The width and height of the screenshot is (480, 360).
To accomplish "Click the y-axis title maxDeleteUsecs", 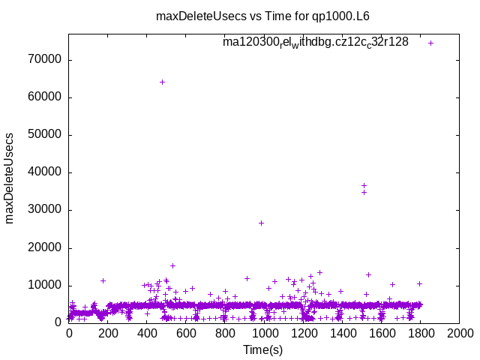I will point(10,178).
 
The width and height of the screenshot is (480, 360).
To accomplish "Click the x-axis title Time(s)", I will point(263,350).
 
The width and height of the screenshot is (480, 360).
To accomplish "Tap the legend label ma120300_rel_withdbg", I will point(316,43).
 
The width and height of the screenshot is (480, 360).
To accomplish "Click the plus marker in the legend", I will point(430,43).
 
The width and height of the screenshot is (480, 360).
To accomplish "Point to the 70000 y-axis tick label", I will point(45,60).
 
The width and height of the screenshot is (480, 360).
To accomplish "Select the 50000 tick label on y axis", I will point(45,135).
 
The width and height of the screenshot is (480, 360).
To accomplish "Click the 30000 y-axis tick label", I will point(45,210).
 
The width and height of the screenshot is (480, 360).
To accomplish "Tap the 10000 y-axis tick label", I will point(45,285).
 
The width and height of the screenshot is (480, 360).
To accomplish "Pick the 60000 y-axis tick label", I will point(45,97).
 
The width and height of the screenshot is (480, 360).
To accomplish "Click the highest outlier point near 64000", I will point(162,82).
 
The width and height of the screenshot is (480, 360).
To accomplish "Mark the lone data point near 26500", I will point(261,223).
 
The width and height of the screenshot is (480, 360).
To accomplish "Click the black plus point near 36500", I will point(364,185).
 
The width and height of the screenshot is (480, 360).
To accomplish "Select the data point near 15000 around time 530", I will point(172,265).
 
